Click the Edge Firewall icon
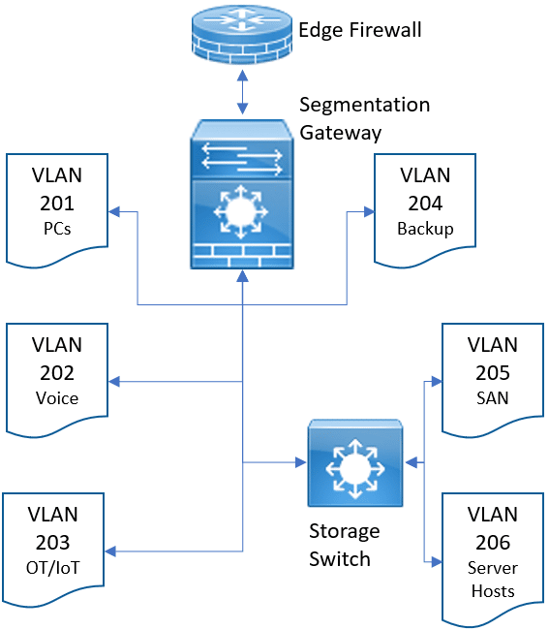coord(242,36)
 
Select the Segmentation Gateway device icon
coord(242,194)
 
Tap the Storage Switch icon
coord(355,463)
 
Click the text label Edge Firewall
coord(360,30)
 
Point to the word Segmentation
coord(365,106)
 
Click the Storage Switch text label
coord(345,545)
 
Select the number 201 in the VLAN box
coord(57,204)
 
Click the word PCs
coord(57,229)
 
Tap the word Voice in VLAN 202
coord(57,398)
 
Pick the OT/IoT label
coord(53,568)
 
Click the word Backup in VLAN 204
coord(425,229)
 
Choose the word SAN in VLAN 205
coord(493,398)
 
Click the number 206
coord(493,543)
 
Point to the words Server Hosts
coord(493,580)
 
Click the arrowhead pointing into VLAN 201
coord(114,211)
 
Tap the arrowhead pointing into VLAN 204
coord(369,211)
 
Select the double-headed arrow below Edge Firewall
coord(242,92)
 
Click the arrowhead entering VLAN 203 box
coord(110,551)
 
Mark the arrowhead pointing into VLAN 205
coord(437,381)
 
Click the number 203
coord(53,543)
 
